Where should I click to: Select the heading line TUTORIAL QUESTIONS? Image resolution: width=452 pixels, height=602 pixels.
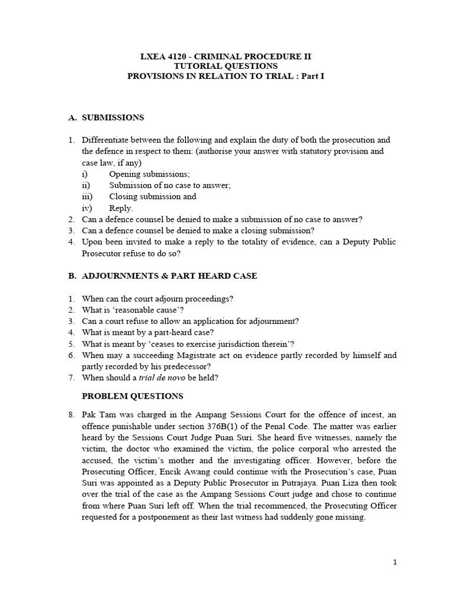coord(226,66)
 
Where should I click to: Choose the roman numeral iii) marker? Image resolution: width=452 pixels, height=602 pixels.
coord(87,196)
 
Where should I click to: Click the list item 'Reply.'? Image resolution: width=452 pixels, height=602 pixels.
coord(121,208)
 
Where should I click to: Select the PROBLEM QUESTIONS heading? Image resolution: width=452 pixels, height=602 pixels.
coord(132,396)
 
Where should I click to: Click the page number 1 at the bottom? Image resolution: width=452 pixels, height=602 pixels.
coord(395,562)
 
